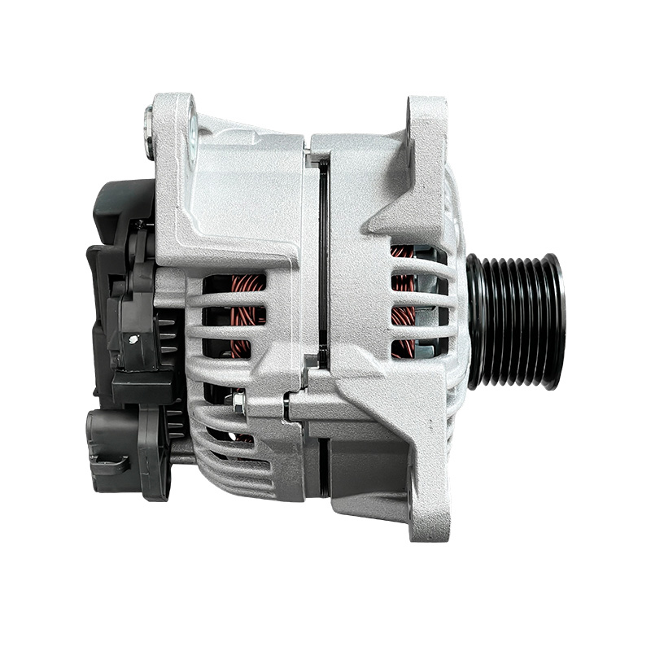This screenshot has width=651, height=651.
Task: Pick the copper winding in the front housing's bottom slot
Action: pyautogui.click(x=403, y=346)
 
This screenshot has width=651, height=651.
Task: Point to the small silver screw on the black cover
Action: pyautogui.click(x=140, y=224)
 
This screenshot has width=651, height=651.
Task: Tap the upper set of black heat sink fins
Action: pyautogui.click(x=167, y=334)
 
